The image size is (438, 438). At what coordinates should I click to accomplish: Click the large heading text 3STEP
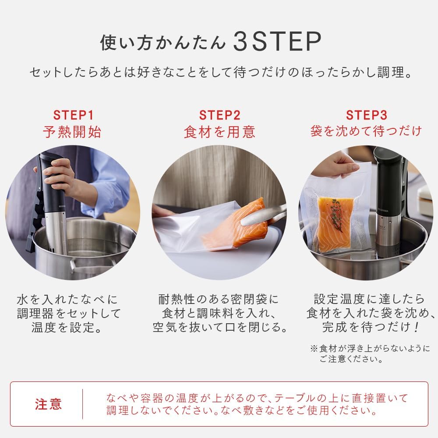click(277, 42)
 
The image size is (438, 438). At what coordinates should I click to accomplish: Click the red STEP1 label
click(73, 115)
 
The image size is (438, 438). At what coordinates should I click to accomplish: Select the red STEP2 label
click(219, 115)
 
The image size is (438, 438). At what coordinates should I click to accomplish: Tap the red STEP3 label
click(366, 115)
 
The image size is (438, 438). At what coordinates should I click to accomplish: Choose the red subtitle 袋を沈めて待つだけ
click(366, 131)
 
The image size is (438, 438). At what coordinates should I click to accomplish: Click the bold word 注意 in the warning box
click(49, 404)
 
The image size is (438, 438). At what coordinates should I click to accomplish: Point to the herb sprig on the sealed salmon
click(336, 215)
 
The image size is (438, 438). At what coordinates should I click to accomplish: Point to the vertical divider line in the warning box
click(82, 404)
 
